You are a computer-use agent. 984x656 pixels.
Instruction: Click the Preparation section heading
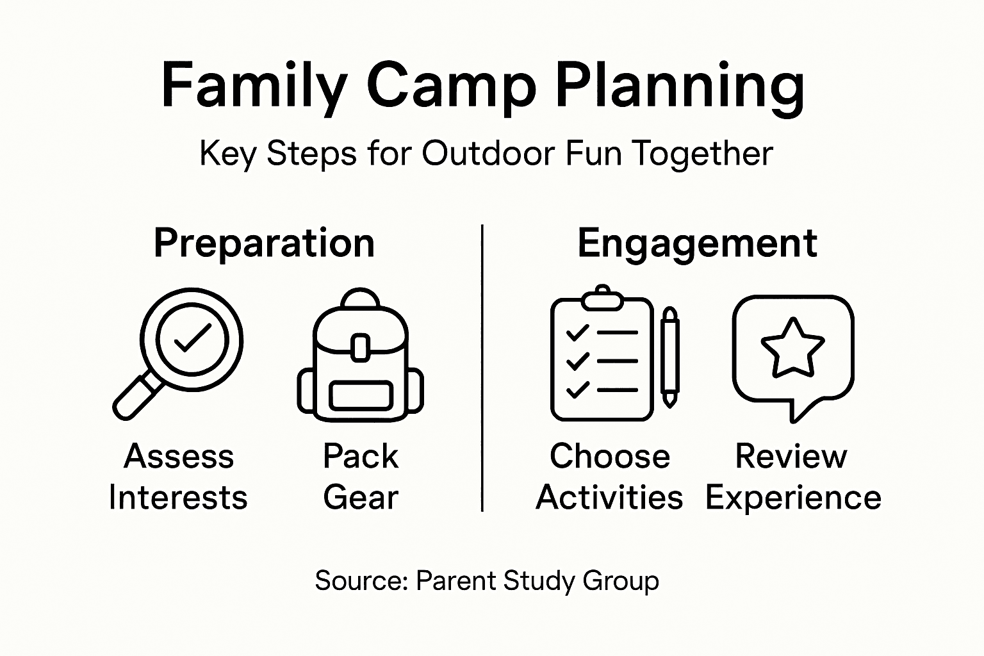coord(264,243)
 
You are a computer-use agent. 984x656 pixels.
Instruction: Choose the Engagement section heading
coord(697,243)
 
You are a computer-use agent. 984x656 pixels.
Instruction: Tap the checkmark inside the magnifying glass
coord(192,338)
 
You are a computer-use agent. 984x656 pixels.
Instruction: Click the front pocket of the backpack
coord(361,395)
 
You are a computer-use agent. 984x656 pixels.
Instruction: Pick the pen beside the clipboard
coord(669,357)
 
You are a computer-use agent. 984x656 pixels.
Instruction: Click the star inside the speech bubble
coord(792,348)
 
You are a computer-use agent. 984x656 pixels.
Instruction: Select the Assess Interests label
coord(178,477)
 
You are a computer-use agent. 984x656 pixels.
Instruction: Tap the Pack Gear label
coord(361,477)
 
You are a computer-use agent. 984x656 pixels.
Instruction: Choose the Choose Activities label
coord(609,477)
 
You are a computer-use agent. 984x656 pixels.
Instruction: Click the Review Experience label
coord(792,477)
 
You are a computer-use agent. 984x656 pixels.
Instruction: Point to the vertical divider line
coord(482,368)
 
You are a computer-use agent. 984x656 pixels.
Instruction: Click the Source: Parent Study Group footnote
coord(487,581)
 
